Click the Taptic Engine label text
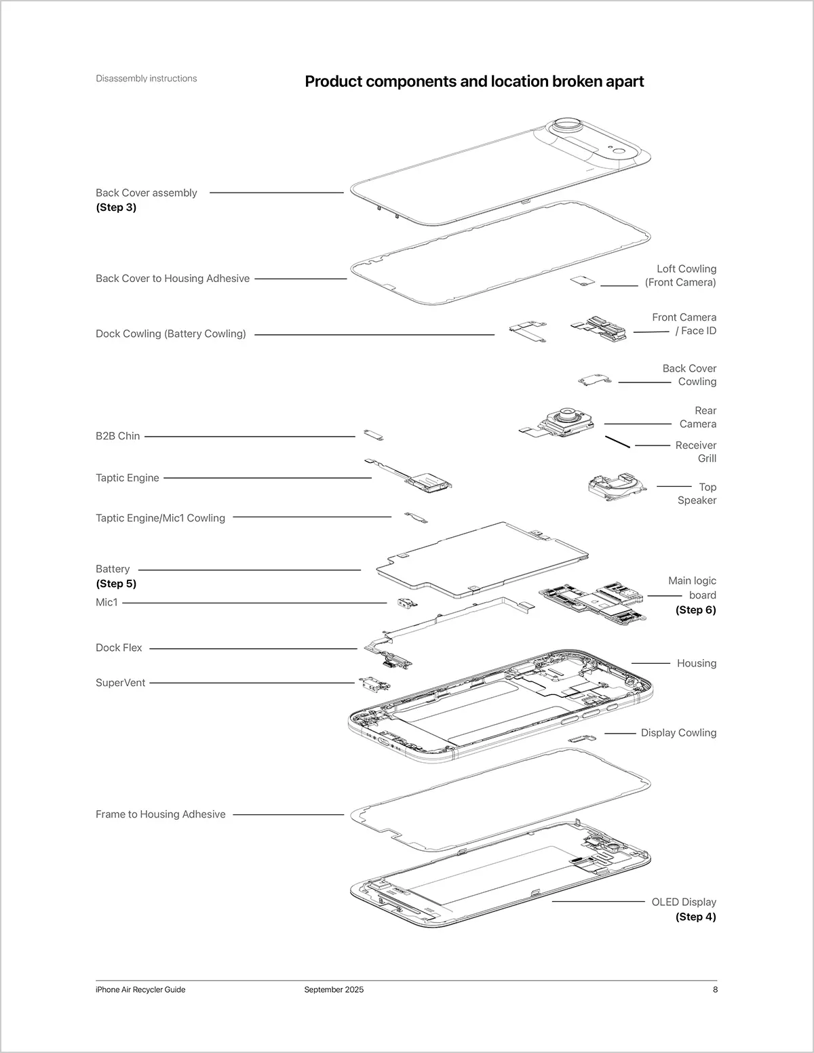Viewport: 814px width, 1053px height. [128, 478]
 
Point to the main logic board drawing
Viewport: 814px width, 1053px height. [594, 600]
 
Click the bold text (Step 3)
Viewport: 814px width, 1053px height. [116, 207]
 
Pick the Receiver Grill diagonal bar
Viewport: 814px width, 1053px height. [617, 441]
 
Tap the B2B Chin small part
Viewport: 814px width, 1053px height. [374, 435]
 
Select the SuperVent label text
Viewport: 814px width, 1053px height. [120, 683]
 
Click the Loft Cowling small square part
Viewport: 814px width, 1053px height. [583, 281]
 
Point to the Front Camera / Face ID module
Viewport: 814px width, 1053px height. [601, 329]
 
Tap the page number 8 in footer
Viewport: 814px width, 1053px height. [715, 989]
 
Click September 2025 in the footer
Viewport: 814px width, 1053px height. [334, 989]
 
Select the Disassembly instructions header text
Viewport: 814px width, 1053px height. [147, 79]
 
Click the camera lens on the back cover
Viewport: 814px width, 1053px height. [567, 126]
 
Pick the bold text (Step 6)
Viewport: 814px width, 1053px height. [695, 610]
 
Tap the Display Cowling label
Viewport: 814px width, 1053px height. [678, 733]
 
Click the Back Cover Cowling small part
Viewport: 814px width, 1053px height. [595, 380]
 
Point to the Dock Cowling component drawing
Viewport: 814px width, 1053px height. [528, 330]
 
